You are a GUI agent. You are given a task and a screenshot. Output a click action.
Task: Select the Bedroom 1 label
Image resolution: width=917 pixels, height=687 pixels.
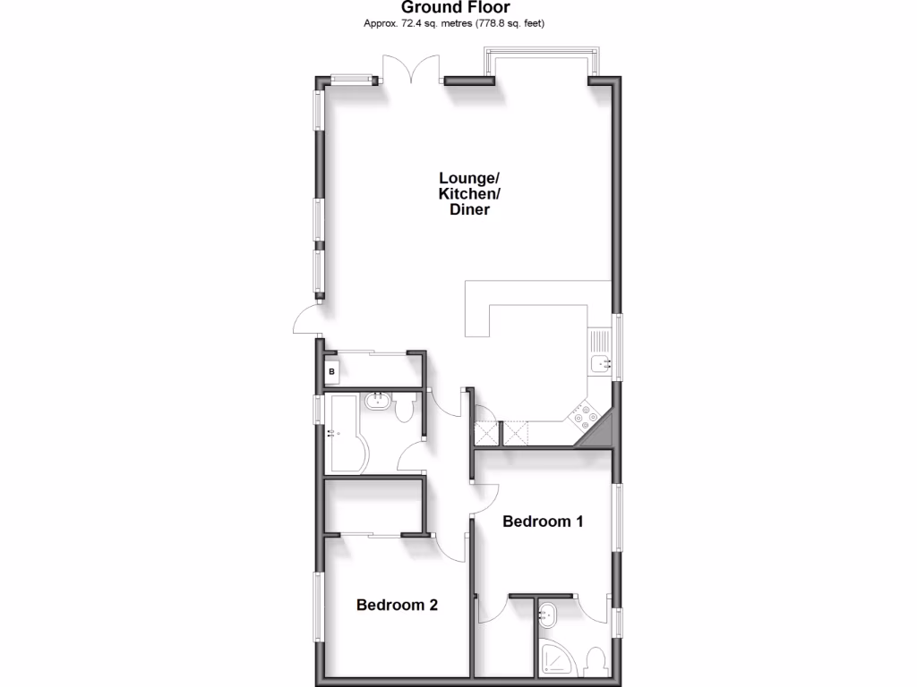543,522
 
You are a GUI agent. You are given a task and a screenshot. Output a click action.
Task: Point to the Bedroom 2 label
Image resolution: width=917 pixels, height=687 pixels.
397,605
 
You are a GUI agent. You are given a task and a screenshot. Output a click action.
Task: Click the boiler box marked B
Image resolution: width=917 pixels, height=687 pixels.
331,370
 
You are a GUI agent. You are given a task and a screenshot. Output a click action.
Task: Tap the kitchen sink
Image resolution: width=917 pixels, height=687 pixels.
599,361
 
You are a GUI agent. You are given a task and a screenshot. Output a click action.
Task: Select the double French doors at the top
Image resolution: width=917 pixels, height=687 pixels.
411,70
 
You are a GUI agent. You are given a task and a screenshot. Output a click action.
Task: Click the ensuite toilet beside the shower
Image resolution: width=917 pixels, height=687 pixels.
593,663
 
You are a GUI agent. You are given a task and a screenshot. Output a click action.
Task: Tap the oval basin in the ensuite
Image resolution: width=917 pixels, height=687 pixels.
550,615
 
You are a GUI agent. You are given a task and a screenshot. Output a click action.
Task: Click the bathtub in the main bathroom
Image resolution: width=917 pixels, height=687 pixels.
345,435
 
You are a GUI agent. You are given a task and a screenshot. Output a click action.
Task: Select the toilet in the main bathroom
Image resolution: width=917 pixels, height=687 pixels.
404,410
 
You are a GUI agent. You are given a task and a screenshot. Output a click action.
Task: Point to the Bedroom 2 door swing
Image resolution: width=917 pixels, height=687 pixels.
450,547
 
